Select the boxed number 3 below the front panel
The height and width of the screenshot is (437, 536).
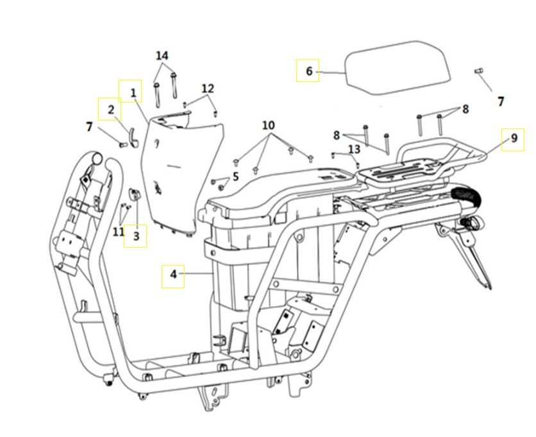tap(136, 236)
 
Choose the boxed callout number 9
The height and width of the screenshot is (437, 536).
tap(513, 139)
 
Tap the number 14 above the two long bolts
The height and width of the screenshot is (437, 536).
tap(162, 56)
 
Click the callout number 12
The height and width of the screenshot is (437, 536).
tap(208, 88)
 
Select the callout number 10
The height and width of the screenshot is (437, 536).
tap(268, 124)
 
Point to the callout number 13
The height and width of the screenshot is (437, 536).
tap(354, 149)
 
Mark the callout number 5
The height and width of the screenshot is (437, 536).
tap(235, 176)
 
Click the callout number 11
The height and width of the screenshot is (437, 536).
tap(118, 231)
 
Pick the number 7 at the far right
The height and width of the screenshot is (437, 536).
tap(501, 101)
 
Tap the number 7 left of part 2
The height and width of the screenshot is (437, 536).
tap(89, 127)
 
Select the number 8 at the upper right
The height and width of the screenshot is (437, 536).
tap(465, 109)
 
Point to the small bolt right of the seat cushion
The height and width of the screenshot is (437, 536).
tap(478, 71)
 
